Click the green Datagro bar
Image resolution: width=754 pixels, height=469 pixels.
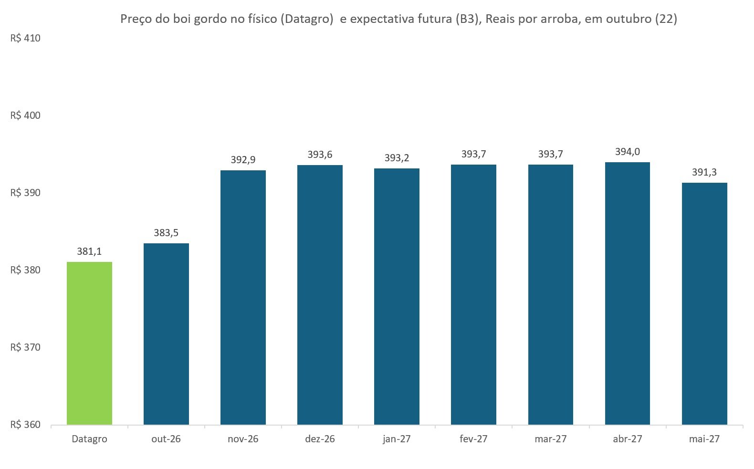(89, 343)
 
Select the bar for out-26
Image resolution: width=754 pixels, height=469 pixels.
(166, 334)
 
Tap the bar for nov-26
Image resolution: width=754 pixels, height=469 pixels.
(243, 297)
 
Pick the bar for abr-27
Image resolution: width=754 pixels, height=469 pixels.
(628, 293)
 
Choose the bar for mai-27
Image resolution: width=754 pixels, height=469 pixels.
(704, 304)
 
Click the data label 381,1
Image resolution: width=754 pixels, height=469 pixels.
(89, 251)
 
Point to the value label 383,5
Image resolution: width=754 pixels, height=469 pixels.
(166, 233)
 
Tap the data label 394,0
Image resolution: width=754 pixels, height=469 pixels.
(628, 152)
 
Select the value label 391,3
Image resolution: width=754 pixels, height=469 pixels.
(704, 172)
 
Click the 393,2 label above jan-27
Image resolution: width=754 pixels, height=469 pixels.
(397, 158)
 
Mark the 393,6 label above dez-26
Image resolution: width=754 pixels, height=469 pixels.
(320, 155)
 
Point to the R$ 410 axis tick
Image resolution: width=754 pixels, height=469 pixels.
(25, 38)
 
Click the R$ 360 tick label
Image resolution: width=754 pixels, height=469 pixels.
(25, 425)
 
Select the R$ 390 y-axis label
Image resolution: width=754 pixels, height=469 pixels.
(25, 192)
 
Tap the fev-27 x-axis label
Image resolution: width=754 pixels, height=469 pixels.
(473, 439)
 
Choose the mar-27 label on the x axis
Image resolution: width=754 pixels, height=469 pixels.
(551, 439)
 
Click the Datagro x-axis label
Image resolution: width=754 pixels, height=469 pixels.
(90, 439)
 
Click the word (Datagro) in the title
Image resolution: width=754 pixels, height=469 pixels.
(307, 19)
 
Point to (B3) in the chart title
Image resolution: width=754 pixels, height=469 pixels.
(467, 19)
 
